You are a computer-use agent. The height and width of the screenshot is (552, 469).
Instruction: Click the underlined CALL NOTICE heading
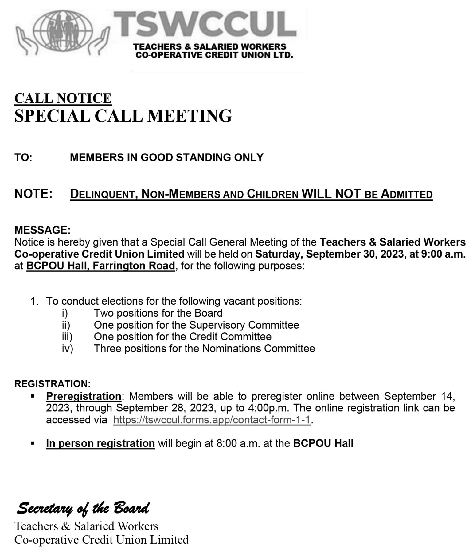[x=63, y=98]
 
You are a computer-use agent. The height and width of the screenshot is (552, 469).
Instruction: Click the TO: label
[x=23, y=158]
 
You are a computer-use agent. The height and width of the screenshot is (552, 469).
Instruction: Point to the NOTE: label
[x=33, y=194]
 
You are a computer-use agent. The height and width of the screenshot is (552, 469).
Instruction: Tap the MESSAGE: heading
[x=42, y=230]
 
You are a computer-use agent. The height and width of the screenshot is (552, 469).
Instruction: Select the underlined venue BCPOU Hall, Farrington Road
[x=100, y=266]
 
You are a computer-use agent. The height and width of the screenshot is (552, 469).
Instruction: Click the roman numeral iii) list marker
[x=67, y=337]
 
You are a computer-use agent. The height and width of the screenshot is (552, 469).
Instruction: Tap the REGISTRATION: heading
[x=53, y=384]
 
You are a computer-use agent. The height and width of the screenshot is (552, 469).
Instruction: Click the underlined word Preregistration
[x=84, y=396]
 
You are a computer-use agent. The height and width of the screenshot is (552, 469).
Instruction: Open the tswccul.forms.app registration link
[x=212, y=420]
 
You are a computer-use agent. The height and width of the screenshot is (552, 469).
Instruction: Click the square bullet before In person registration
[x=33, y=443]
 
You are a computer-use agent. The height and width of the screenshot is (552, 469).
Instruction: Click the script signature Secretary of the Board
[x=83, y=508]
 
